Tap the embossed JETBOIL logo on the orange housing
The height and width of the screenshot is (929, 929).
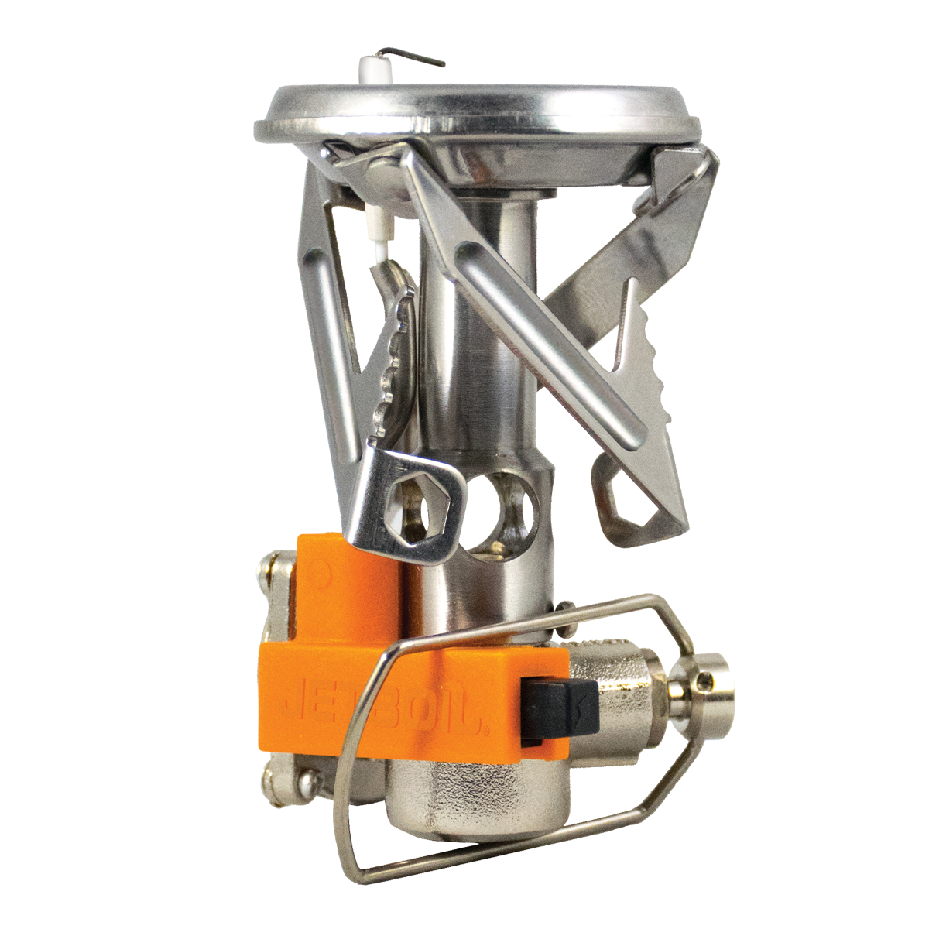pos(383,706)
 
